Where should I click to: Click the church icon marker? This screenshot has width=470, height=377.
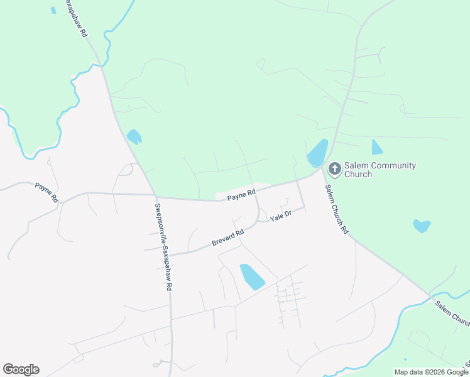pos(334,170)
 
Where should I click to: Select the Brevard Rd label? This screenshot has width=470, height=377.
pos(227,239)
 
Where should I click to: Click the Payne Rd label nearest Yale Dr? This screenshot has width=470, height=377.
pos(241,195)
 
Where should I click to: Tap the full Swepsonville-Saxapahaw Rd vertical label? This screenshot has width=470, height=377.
pos(163,247)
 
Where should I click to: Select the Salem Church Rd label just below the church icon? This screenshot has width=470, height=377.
pos(336,209)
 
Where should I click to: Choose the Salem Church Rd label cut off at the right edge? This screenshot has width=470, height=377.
pos(452,313)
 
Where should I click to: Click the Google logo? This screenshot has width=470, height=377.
pos(21,369)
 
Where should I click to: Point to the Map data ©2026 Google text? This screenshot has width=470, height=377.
pos(432,372)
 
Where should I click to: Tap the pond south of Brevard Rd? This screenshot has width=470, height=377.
pos(252,276)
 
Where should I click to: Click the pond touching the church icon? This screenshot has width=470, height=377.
pos(317,153)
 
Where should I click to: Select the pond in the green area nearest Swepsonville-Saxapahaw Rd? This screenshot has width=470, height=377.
pos(134,136)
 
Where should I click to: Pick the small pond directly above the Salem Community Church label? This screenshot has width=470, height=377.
pos(376,148)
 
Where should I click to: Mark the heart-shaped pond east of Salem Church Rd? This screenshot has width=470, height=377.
pos(422,225)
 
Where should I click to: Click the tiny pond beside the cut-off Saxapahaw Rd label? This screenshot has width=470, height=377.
pos(53,10)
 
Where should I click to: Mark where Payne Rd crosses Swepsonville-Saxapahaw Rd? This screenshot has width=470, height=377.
pos(155,196)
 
